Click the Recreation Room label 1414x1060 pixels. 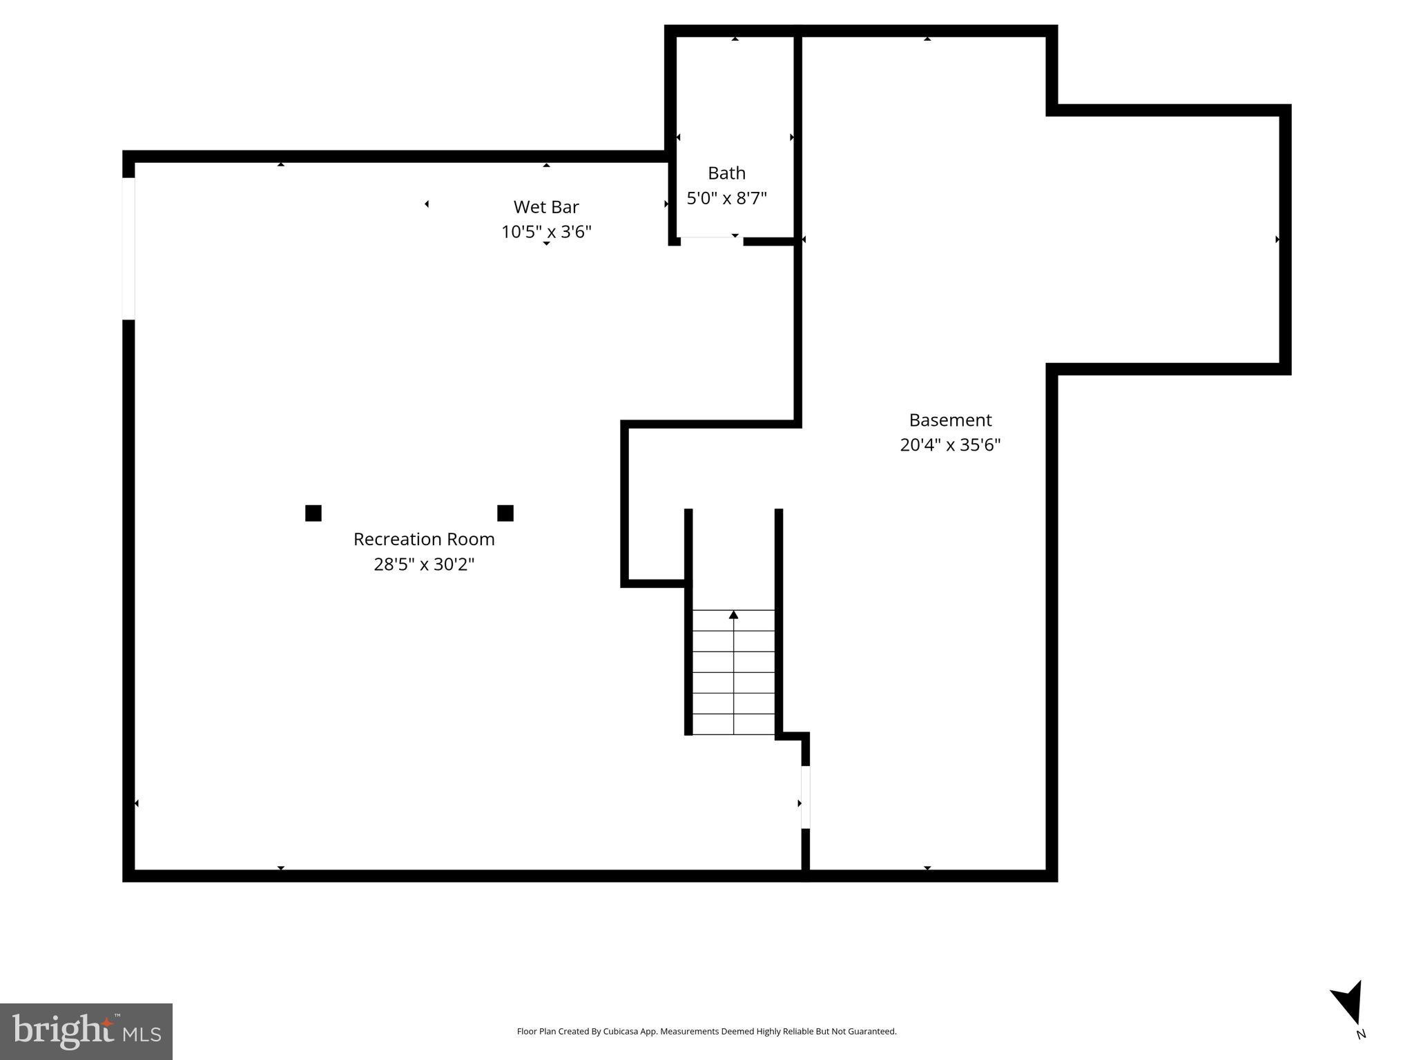click(x=424, y=539)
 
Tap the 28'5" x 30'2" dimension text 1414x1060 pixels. click(x=424, y=565)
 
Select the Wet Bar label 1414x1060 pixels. click(x=546, y=207)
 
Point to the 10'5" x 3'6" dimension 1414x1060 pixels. click(x=546, y=232)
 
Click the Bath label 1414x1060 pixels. click(x=726, y=173)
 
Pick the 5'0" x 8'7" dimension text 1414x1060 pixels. click(x=726, y=199)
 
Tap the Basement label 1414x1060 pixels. click(x=950, y=420)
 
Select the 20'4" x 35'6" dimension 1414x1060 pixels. click(x=950, y=445)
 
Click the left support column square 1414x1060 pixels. click(x=313, y=513)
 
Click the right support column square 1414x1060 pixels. click(x=505, y=513)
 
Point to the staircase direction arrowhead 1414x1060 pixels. click(x=733, y=614)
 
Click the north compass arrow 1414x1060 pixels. click(x=1349, y=1005)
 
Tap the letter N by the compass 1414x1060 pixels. click(x=1361, y=1034)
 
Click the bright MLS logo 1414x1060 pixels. click(x=86, y=1031)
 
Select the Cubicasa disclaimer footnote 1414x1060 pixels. click(x=706, y=1032)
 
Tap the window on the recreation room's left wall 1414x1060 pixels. click(x=128, y=248)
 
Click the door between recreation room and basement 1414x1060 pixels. click(x=805, y=797)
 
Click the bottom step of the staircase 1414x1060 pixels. click(x=733, y=724)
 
